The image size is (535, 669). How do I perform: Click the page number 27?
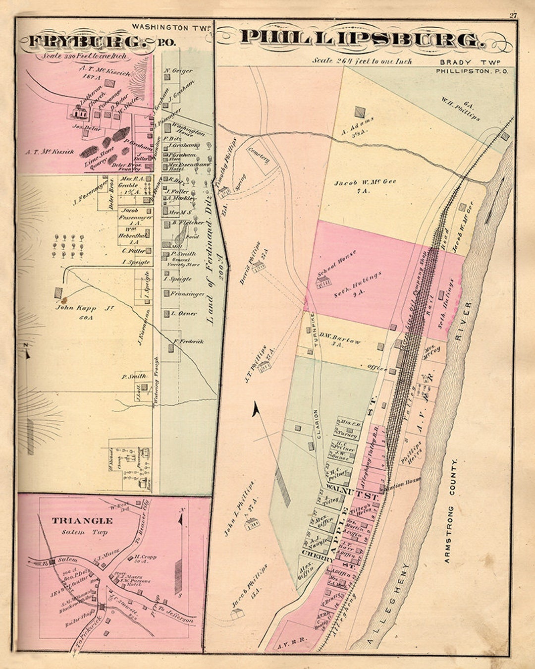pos(513,15)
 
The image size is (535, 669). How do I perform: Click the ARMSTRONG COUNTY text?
pos(450,510)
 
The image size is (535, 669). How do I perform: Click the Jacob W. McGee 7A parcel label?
pos(365,185)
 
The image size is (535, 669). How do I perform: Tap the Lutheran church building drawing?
pos(78,113)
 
